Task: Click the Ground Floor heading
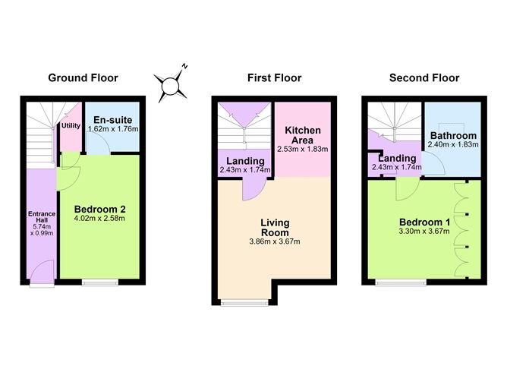pos(83,78)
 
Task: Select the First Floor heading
pos(275,78)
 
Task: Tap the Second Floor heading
pos(424,78)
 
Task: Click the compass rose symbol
pos(171,85)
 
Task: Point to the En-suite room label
pos(113,120)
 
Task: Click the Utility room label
pos(71,125)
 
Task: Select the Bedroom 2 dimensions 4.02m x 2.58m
pos(99,219)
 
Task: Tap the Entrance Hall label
pos(42,217)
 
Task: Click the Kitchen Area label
pos(303,135)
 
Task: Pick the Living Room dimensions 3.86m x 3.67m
pos(275,241)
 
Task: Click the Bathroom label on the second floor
pos(453,135)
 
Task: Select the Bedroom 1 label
pos(424,222)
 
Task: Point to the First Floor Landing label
pos(245,161)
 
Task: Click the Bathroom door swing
pos(433,164)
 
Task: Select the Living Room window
pos(244,302)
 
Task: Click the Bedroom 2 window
pos(100,282)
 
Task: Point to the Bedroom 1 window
pos(401,282)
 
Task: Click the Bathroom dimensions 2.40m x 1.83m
pos(453,144)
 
